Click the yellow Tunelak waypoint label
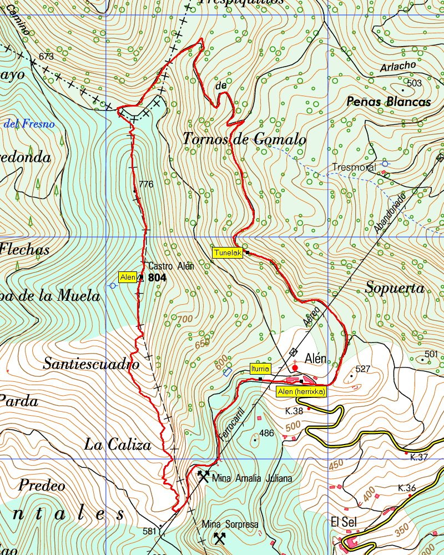coord(228,253)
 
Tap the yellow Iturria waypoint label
coord(260,369)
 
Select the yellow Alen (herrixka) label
coord(301,391)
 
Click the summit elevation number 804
coord(158,277)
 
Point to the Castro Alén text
coord(171,266)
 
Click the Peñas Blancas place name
coord(389,102)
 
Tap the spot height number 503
coord(414,83)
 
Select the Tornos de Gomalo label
coord(245,139)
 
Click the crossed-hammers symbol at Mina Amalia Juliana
coord(203,476)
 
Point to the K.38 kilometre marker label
coord(294,411)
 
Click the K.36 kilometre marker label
coord(407,488)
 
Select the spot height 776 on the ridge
coord(146,184)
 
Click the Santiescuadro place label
coord(90,365)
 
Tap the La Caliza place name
coord(117,445)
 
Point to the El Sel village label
coord(343,522)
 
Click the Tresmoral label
coord(354,167)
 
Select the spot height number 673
coord(47,57)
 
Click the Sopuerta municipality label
coord(395,288)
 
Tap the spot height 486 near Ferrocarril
coord(266,433)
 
